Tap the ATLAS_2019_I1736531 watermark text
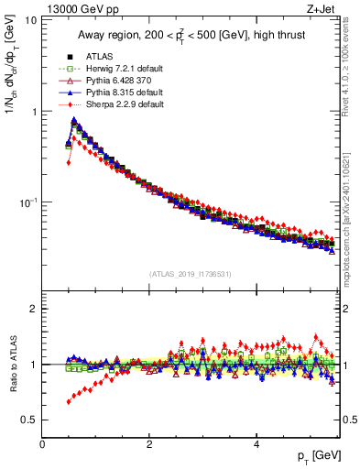tap(190, 274)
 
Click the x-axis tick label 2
tap(148, 444)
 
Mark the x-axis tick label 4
tap(256, 444)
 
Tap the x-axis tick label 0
tap(42, 444)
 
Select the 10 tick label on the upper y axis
tap(29, 20)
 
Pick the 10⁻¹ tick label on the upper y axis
tap(26, 202)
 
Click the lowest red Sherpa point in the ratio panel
tap(69, 402)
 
